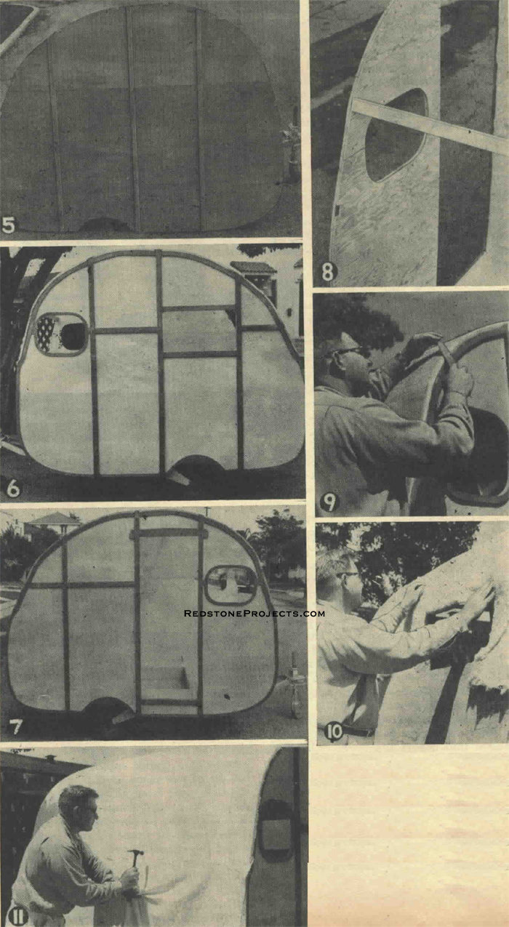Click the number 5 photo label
[8, 225]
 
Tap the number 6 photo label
[13, 489]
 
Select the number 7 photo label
[15, 727]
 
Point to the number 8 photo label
[329, 272]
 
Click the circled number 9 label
[329, 503]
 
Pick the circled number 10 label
[334, 731]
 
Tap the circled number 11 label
[17, 916]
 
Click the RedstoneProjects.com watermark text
[254, 613]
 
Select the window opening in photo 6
[61, 334]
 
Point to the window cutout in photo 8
[396, 135]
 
